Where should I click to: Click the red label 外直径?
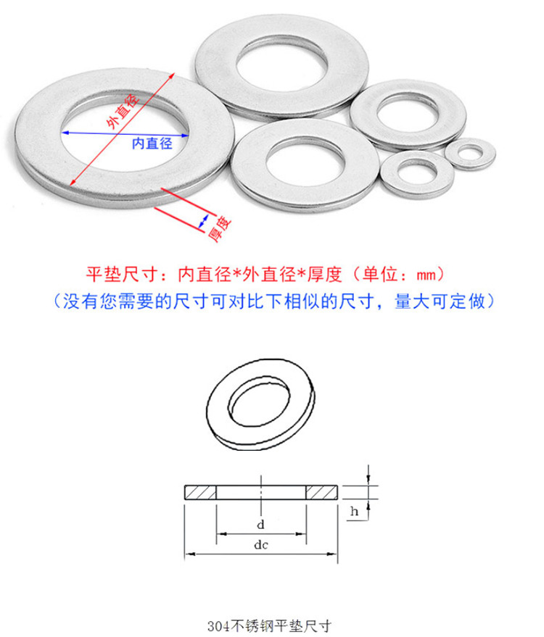pos(123,111)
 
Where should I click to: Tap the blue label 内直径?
pos(152,143)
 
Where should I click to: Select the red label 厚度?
pos(220,229)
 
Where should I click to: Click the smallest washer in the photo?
pos(470,154)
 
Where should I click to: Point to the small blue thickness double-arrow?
pos(203,222)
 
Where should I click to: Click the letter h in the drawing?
pos(355,511)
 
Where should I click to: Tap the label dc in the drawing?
pos(261,545)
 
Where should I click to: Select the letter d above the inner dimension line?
pos(260,525)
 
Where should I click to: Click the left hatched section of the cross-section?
pos(200,492)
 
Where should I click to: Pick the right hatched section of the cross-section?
pos(321,492)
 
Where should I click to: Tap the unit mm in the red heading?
pos(426,275)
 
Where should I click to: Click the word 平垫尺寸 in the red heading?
pos(121,274)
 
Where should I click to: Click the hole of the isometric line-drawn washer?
pos(259,404)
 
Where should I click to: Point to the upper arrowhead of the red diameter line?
pos(173,75)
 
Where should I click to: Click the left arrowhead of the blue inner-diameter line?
pos(65,133)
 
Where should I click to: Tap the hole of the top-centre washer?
pos(281,63)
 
